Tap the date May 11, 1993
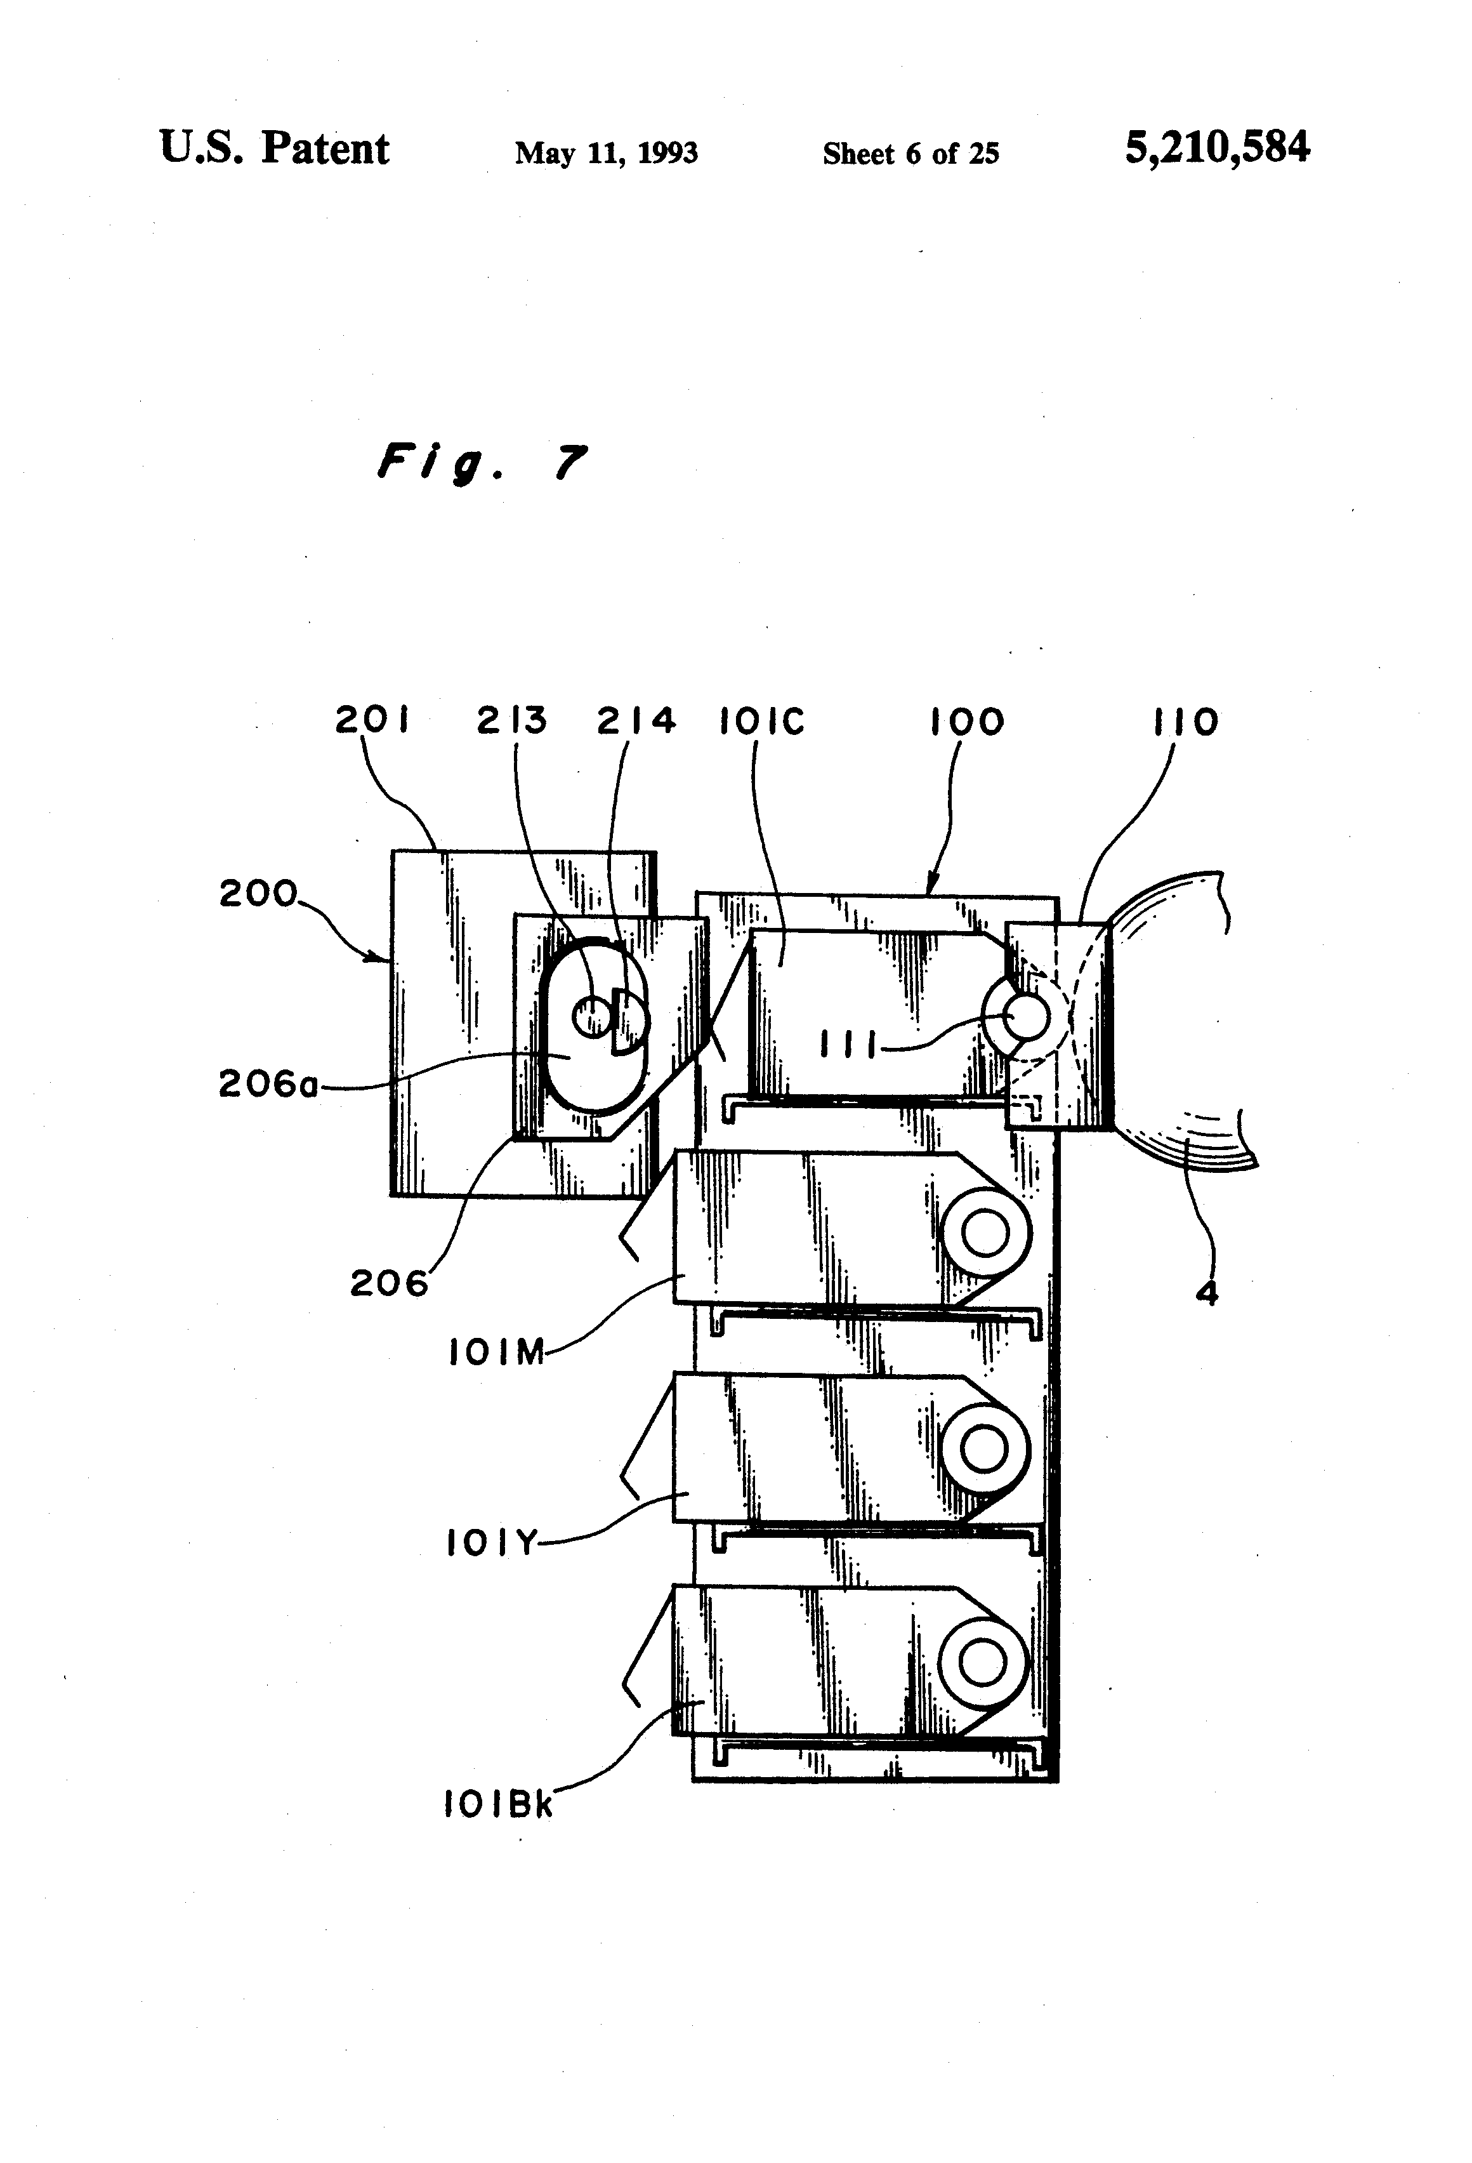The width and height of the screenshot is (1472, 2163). (x=607, y=152)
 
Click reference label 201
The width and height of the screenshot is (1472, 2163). (x=372, y=720)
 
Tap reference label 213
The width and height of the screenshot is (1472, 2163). (x=512, y=720)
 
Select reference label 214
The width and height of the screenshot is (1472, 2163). (x=636, y=720)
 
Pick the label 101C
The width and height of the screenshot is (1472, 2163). (x=762, y=721)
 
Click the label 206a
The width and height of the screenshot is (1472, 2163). (x=268, y=1083)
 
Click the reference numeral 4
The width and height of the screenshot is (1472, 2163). (x=1207, y=1293)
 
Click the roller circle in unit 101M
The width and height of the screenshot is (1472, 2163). (x=985, y=1234)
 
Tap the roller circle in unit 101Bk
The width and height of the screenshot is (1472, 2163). (x=983, y=1664)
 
